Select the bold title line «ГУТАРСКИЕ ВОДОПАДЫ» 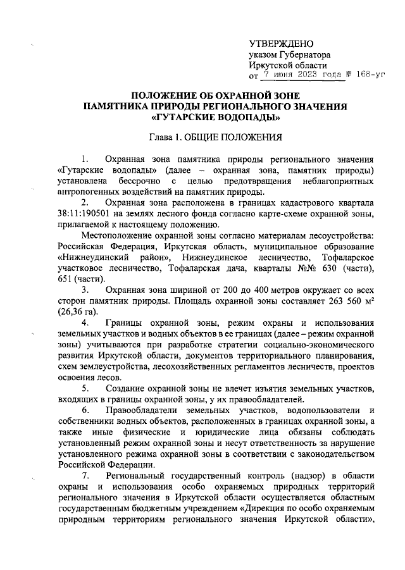216,117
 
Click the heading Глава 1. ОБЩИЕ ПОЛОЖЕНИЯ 215,136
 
